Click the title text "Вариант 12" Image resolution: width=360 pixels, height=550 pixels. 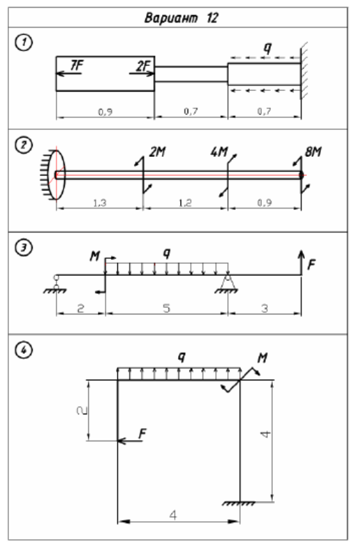[x=181, y=17]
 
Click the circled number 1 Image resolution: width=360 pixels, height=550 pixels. [x=24, y=43]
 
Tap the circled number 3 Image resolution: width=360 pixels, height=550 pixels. [x=24, y=248]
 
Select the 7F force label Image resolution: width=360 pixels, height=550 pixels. [x=77, y=65]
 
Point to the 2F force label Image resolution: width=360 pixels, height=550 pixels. [x=143, y=65]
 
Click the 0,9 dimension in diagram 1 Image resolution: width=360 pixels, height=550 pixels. [x=105, y=112]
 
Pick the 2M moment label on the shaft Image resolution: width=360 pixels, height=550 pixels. [x=158, y=152]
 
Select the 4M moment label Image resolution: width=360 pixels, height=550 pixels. [x=219, y=152]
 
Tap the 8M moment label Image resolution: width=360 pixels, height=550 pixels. [x=313, y=152]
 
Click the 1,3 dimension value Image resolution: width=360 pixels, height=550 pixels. [x=100, y=202]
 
